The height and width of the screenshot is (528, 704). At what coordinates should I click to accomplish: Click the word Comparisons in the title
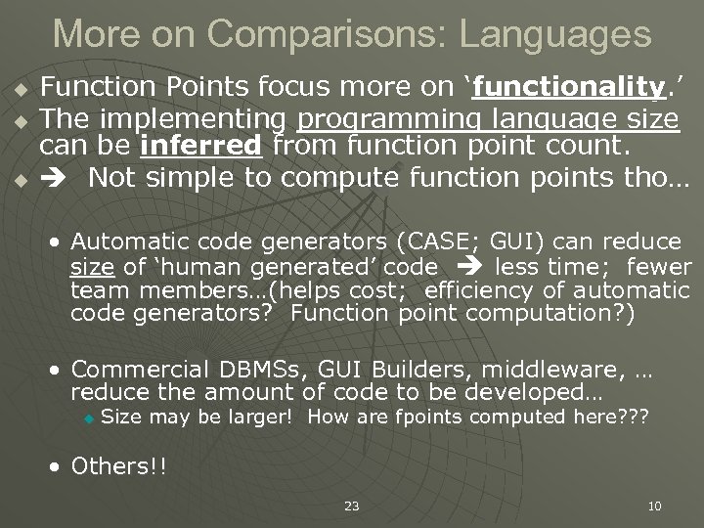coord(314,34)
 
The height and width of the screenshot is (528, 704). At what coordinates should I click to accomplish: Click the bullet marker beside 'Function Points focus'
coord(19,94)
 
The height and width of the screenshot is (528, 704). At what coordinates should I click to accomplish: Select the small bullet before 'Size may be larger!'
coord(88,418)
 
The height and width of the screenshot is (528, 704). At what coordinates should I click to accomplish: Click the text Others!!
coord(118,465)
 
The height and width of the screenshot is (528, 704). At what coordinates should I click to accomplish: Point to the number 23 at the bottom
coord(352,506)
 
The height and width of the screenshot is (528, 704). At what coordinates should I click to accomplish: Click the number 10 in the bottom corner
coord(655,506)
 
